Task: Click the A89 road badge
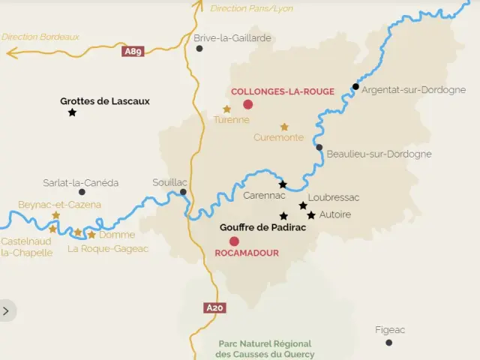(133, 52)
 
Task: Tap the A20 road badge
(214, 307)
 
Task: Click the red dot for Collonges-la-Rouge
(248, 104)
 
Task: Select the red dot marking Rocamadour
(234, 241)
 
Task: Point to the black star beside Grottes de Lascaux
(72, 112)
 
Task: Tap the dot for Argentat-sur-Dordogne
(355, 86)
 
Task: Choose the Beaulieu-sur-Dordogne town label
(379, 154)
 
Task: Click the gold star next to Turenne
(226, 109)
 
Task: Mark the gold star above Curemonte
(284, 127)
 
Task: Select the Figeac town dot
(388, 343)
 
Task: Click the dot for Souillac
(183, 192)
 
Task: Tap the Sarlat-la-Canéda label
(80, 182)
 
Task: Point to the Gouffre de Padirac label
(262, 227)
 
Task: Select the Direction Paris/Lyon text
(251, 8)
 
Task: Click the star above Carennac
(283, 184)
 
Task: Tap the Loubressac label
(334, 197)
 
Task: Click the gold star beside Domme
(91, 235)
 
